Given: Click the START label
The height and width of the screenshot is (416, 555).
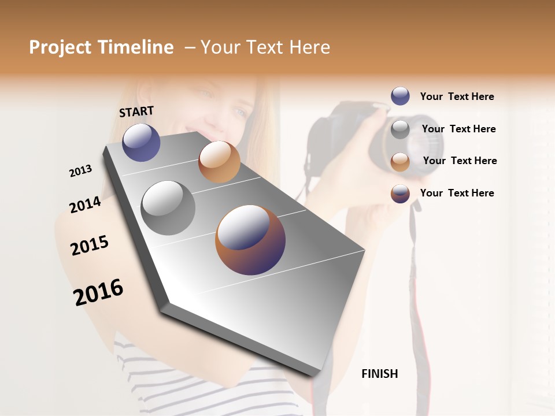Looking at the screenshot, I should (x=136, y=112).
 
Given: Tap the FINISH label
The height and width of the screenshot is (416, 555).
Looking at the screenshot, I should (x=380, y=374).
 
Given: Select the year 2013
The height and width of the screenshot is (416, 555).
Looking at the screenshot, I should (x=80, y=171).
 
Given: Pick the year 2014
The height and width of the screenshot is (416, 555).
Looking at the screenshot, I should (x=85, y=205).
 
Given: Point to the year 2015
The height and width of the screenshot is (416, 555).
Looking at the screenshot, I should (x=90, y=246).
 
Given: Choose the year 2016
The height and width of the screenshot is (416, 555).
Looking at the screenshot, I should (x=98, y=292).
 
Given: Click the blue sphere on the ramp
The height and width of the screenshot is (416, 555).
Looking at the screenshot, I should (x=141, y=142).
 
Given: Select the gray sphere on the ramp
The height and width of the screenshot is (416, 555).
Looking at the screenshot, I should (x=168, y=208).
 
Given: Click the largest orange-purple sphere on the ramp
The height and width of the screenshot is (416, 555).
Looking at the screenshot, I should (x=250, y=240).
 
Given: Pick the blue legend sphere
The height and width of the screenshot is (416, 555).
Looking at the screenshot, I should (x=400, y=96).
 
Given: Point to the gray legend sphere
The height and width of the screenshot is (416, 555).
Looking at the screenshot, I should (x=400, y=129).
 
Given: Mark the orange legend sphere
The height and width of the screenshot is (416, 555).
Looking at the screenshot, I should (x=400, y=161).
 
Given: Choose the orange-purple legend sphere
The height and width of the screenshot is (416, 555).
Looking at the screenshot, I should (x=400, y=194).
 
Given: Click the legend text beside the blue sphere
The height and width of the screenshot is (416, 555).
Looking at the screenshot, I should (x=457, y=96).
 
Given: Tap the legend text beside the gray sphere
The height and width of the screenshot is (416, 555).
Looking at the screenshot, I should (x=458, y=129).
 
